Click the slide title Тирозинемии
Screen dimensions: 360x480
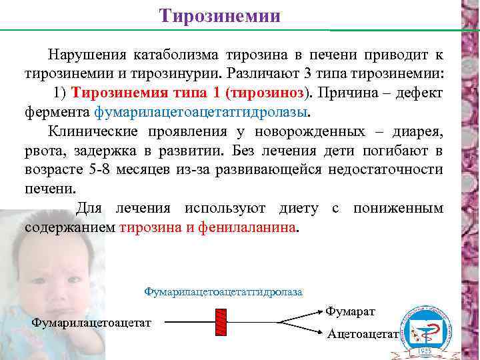(x=220, y=15)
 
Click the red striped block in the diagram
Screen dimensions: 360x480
(x=221, y=323)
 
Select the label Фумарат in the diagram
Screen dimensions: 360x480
(x=351, y=311)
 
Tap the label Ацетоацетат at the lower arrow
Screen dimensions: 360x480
(x=362, y=334)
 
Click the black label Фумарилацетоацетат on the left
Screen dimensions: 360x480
(x=91, y=323)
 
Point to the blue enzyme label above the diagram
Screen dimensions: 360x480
(x=223, y=292)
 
